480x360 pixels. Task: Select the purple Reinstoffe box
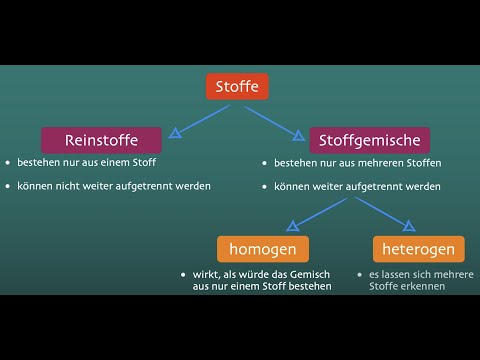[101, 139]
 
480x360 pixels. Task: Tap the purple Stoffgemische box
[370, 139]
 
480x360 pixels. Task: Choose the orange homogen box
[263, 248]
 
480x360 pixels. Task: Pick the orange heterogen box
[418, 248]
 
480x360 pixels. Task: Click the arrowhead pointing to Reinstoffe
[177, 132]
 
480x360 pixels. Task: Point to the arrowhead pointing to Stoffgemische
[298, 132]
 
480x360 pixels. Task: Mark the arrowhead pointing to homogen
[292, 225]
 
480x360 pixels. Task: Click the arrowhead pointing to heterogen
[408, 225]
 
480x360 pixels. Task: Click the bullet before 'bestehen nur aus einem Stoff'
[7, 162]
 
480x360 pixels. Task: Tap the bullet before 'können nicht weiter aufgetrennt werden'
[7, 185]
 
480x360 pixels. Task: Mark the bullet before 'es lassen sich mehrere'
[360, 274]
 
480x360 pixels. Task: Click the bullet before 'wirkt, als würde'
[183, 274]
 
